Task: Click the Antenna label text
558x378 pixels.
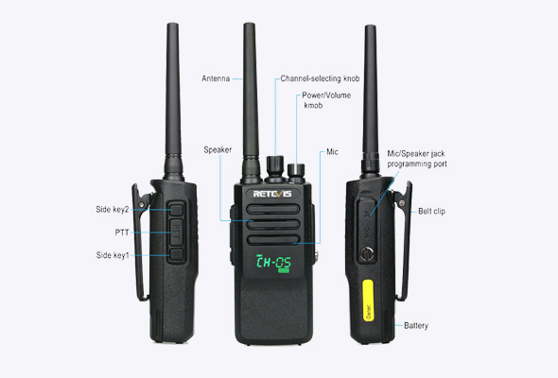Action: click(216, 78)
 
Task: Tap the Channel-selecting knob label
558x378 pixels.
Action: click(320, 78)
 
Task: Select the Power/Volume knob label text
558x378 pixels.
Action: click(326, 100)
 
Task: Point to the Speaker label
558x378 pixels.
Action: click(218, 149)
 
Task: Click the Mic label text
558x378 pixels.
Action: click(332, 152)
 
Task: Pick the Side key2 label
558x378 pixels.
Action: click(113, 210)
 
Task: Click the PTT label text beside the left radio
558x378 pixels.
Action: click(122, 232)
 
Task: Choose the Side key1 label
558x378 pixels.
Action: click(113, 255)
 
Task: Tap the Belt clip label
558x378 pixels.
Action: click(431, 212)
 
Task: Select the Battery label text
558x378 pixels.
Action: click(416, 325)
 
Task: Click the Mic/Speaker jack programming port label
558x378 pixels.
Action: click(417, 159)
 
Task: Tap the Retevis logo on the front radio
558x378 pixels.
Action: click(272, 194)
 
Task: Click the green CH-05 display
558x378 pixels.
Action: click(273, 263)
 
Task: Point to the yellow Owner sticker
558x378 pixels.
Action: click(368, 301)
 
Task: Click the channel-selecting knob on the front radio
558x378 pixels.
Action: click(275, 168)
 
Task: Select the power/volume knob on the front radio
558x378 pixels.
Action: click(296, 172)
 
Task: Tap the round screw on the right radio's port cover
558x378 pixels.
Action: click(367, 254)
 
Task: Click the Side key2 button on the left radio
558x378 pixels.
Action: click(176, 210)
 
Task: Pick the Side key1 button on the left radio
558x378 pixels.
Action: click(176, 254)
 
